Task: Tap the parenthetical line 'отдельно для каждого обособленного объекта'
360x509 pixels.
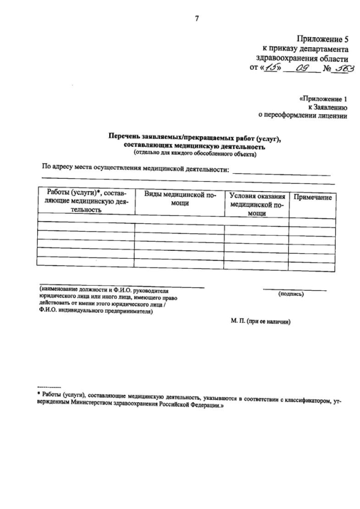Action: [195, 152]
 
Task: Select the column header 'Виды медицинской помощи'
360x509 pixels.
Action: [180, 198]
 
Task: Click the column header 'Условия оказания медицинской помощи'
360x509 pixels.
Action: [256, 205]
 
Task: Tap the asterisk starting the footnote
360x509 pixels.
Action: [38, 396]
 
